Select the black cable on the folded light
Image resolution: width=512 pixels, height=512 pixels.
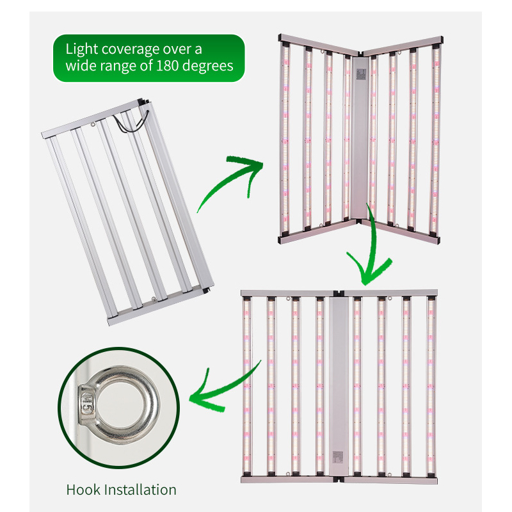[134, 121]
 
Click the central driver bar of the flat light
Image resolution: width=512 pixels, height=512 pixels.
[339, 384]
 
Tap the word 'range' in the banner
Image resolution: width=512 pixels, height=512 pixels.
[130, 66]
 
